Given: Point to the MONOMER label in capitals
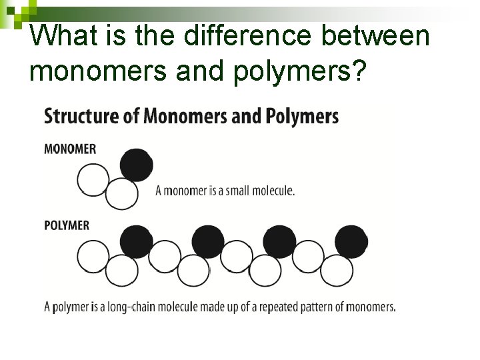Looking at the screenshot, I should pyautogui.click(x=70, y=149).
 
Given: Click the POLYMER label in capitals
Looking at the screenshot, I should pyautogui.click(x=67, y=225).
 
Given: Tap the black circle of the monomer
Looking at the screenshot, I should pyautogui.click(x=137, y=165).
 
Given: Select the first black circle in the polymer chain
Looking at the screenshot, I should pyautogui.click(x=137, y=241).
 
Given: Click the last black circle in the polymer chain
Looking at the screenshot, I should pyautogui.click(x=351, y=241).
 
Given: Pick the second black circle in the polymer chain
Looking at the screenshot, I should pyautogui.click(x=208, y=241).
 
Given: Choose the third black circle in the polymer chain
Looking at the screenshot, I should pyautogui.click(x=279, y=241).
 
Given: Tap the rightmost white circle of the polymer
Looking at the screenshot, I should pyautogui.click(x=336, y=270).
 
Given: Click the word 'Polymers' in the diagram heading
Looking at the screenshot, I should pyautogui.click(x=302, y=116).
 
